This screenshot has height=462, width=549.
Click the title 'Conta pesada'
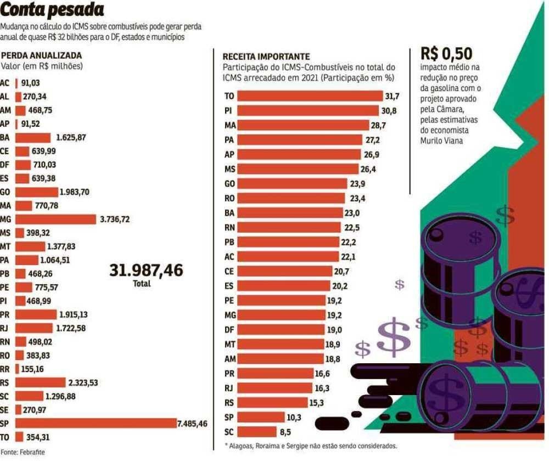point(52,10)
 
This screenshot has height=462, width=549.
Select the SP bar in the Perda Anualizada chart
point(96,423)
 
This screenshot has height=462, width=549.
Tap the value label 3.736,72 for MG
point(115,219)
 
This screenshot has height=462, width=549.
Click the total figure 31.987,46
point(146,271)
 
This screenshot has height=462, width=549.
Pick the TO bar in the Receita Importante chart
point(310,96)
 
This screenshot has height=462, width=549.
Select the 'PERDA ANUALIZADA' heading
point(42,55)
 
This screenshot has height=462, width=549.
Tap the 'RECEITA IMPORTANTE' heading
point(266,57)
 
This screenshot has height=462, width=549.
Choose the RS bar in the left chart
point(41,382)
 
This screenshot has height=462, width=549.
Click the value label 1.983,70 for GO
point(74,192)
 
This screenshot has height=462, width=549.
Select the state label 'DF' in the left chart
point(5,165)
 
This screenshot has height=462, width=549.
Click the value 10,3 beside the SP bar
point(295,417)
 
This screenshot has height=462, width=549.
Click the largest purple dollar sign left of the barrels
point(393,337)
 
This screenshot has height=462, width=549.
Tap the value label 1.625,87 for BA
point(71,137)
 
